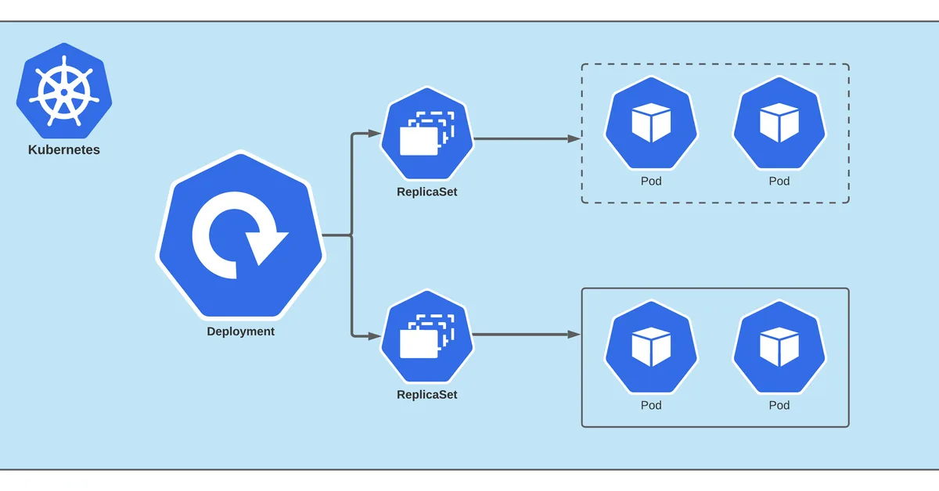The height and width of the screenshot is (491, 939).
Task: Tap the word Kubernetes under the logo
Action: click(64, 149)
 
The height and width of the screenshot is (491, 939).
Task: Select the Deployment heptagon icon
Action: click(241, 235)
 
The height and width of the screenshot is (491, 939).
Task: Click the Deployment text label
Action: click(241, 332)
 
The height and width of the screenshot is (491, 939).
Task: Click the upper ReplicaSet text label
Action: click(427, 192)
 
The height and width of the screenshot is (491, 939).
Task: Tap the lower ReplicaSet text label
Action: click(427, 395)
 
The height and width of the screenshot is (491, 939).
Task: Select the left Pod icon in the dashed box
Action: click(651, 123)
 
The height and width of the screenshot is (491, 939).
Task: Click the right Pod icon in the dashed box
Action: click(779, 123)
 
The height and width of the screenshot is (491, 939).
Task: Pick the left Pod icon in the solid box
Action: click(651, 347)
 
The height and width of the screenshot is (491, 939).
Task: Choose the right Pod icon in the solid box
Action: click(779, 347)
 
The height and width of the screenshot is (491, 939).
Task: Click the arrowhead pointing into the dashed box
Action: click(574, 138)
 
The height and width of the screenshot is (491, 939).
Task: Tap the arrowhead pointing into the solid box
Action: click(574, 335)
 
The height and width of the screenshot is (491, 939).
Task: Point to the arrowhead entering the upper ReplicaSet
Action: click(375, 134)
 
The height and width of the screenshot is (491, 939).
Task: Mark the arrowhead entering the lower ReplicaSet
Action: click(375, 336)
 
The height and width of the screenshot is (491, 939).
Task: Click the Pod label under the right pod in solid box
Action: click(779, 405)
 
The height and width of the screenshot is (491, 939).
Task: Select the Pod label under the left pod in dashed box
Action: click(651, 181)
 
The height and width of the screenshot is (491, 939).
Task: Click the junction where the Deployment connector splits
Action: click(351, 235)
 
